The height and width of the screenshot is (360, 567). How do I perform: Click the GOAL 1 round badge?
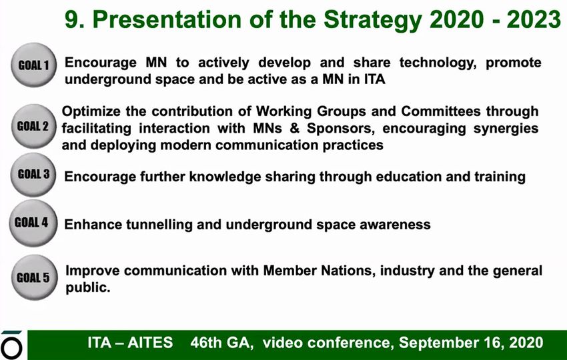(x=34, y=65)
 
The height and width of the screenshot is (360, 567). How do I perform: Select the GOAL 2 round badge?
(x=33, y=126)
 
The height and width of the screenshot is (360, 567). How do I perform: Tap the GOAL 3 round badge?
(x=33, y=175)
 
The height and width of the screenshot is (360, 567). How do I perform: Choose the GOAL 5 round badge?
(x=34, y=277)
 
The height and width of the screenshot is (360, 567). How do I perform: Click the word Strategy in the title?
(x=373, y=20)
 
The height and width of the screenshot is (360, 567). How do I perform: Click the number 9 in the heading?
(x=73, y=19)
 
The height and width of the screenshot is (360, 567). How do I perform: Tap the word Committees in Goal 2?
(x=441, y=111)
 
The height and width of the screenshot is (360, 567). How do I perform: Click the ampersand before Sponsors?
(x=295, y=128)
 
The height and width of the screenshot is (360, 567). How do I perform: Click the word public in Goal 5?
(x=87, y=288)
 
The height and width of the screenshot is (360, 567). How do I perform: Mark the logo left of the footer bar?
(x=11, y=345)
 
